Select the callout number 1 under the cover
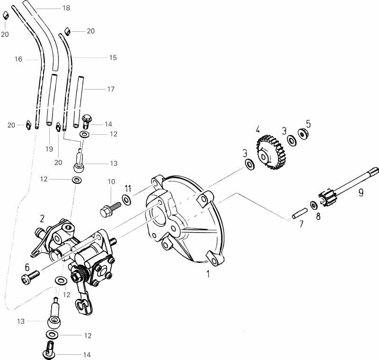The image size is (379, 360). [208, 273]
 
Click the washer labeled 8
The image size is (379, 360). [314, 205]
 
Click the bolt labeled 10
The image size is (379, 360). [107, 209]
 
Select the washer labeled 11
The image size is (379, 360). [127, 199]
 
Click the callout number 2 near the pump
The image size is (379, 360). [42, 218]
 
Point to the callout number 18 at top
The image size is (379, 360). [66, 8]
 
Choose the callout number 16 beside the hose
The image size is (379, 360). [18, 59]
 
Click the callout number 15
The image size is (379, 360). [113, 57]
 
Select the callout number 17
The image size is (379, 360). [111, 89]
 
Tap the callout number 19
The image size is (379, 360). [49, 149]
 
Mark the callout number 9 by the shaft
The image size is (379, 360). [361, 192]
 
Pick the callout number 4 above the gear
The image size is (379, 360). [258, 129]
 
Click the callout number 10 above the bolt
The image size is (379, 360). [111, 181]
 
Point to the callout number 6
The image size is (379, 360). [27, 267]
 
